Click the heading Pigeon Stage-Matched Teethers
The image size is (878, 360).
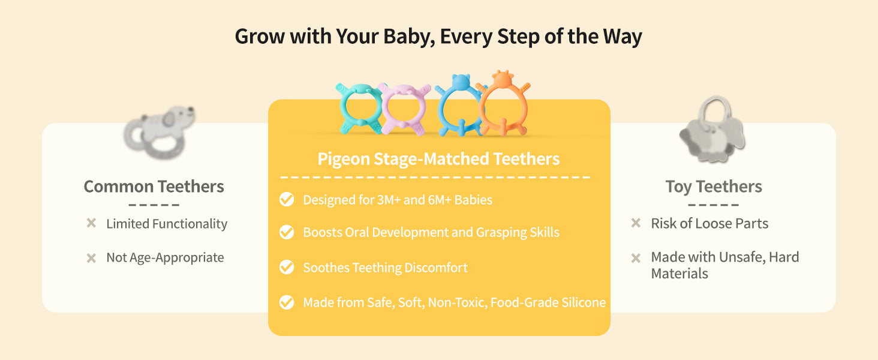[x=438, y=159]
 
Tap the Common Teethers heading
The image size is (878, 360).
[x=154, y=187]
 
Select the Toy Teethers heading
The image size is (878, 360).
[x=714, y=187]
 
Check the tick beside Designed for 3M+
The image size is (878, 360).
[x=287, y=199]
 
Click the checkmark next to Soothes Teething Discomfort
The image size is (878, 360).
[x=287, y=267]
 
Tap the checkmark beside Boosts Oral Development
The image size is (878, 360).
[x=287, y=232]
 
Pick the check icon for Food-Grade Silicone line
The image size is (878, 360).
[x=287, y=302]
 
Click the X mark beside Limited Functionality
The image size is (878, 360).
[x=91, y=223]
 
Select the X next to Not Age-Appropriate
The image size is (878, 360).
[x=91, y=258]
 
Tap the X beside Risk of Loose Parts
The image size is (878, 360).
[x=636, y=223]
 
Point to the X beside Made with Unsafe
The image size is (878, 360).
[x=636, y=258]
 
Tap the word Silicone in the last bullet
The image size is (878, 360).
[x=584, y=302]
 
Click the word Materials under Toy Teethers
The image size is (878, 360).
[x=679, y=274]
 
